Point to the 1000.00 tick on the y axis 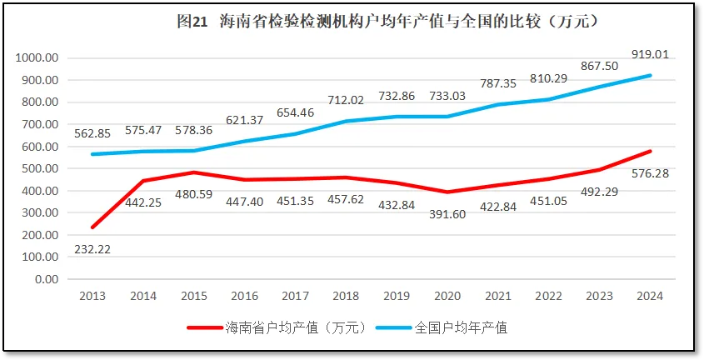point(36,58)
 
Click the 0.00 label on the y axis point(44,279)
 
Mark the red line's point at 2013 point(92,227)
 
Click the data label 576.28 point(651,173)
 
